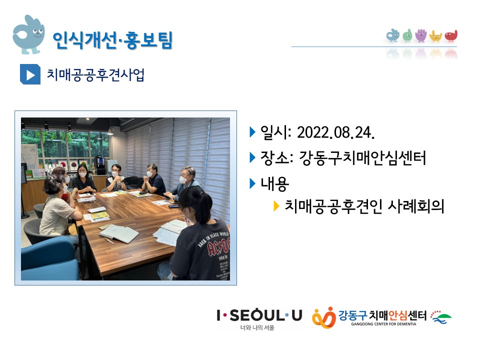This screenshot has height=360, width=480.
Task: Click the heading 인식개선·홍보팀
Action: click(112, 40)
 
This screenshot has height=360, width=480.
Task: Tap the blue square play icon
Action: click(30, 74)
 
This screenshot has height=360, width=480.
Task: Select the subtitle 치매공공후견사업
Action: click(95, 74)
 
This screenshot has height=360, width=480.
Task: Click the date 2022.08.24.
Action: click(335, 132)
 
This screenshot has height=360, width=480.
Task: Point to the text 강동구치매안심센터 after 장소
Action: click(362, 158)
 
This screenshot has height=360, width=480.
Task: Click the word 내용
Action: click(274, 183)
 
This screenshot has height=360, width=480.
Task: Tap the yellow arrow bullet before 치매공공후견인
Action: click(276, 206)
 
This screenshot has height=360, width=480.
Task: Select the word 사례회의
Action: click(415, 206)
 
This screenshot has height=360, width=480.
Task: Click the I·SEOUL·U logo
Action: click(259, 315)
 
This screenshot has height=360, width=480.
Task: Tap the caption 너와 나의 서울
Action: click(257, 327)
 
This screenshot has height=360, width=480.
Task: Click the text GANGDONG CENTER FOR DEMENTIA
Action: click(383, 324)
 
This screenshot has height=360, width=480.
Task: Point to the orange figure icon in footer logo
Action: click(324, 318)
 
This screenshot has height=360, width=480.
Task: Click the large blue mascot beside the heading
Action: click(28, 34)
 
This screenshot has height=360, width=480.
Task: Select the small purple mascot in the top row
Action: click(421, 35)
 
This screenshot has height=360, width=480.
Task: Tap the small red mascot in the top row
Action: click(451, 36)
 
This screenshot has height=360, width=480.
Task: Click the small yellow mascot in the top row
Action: click(435, 36)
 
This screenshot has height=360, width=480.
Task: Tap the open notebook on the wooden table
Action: click(119, 233)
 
